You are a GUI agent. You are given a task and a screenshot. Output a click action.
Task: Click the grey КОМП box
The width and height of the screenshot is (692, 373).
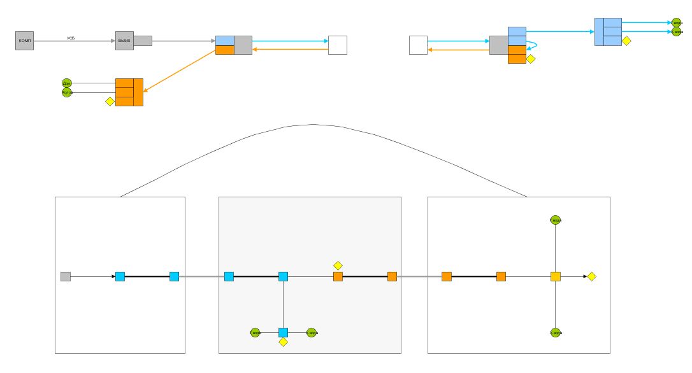pos(24,41)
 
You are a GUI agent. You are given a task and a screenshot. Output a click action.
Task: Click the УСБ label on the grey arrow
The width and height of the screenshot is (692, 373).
pos(72,38)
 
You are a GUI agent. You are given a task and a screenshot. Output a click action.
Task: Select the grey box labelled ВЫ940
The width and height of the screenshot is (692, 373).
pos(124,41)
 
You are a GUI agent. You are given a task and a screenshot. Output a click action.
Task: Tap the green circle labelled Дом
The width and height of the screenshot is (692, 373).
pos(66,83)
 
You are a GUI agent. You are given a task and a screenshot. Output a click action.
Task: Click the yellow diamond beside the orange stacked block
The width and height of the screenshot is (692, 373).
pos(110,101)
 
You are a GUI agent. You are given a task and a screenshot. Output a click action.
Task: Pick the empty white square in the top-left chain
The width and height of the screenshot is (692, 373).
pos(337,45)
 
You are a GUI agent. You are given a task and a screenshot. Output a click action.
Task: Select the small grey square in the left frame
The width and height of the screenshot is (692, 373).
pos(66,276)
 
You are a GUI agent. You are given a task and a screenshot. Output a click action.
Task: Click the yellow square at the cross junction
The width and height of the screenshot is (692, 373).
pos(556,276)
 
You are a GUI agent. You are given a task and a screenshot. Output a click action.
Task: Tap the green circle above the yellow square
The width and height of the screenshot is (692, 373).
pos(556,220)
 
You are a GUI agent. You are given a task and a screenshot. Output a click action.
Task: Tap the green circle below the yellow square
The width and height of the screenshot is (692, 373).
pos(556,332)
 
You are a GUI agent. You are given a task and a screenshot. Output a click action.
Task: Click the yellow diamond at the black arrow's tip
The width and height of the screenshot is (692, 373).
pos(591,276)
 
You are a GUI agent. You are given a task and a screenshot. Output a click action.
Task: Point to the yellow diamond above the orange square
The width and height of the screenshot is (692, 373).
pos(338,265)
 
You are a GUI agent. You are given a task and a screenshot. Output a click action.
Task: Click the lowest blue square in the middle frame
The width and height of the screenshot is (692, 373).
pos(284,332)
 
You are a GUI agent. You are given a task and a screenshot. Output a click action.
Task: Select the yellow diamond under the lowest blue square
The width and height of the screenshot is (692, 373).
pos(284,342)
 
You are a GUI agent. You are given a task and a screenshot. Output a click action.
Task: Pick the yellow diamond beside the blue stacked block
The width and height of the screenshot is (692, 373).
pos(626,41)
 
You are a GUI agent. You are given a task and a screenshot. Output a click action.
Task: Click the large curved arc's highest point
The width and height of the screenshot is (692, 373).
pos(314,124)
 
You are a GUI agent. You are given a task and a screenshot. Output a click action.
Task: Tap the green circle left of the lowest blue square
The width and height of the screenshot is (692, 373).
pos(255,332)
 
